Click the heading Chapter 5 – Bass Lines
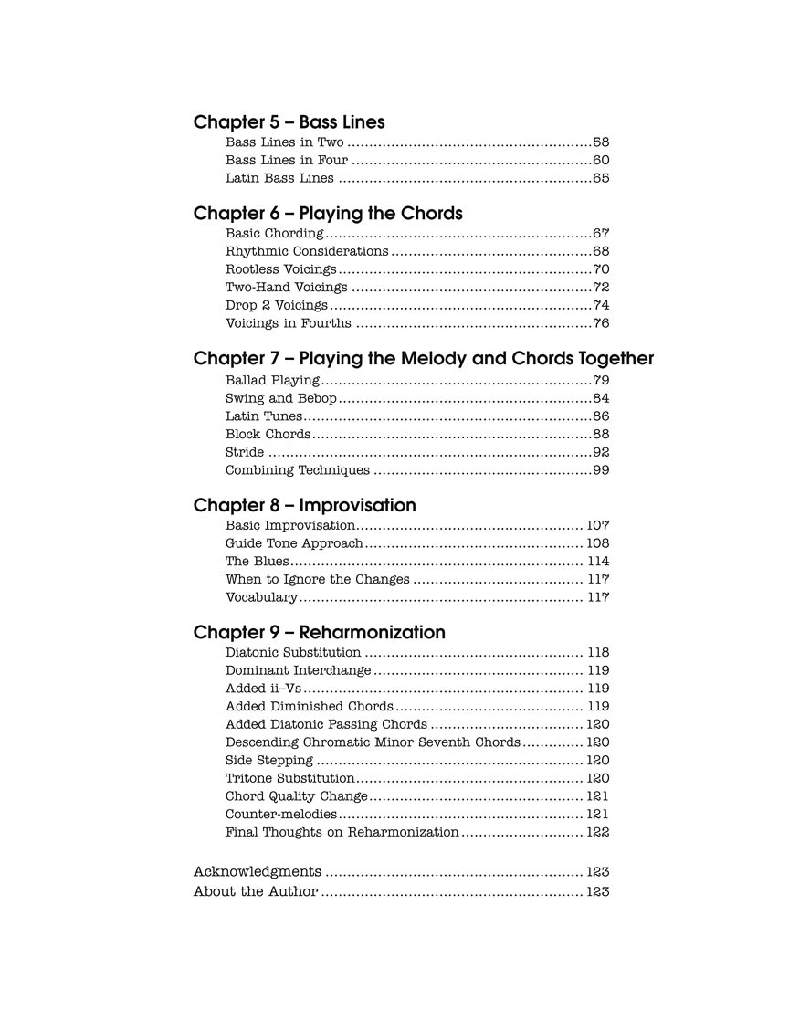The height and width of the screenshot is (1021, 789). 289,122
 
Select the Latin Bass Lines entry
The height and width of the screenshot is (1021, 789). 279,178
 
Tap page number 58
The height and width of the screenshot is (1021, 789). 601,142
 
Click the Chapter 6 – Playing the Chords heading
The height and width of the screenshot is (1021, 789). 328,214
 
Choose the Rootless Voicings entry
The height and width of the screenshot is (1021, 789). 280,269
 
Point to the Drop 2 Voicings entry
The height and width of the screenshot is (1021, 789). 276,305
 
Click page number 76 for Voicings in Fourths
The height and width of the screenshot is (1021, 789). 601,323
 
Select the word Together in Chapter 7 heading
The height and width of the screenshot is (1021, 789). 618,359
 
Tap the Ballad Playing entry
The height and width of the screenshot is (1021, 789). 272,380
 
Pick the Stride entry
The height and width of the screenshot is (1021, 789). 245,452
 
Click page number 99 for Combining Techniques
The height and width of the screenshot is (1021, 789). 601,470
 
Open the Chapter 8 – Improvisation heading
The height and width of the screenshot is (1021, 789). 304,506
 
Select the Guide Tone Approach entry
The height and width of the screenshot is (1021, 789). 294,543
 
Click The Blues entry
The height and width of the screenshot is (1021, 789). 257,562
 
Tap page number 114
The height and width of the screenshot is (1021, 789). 597,562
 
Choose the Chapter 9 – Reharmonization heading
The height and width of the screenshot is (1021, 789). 319,633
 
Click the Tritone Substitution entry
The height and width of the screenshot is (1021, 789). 289,778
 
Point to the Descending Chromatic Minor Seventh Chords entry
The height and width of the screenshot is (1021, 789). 373,742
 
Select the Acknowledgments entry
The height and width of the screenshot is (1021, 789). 257,872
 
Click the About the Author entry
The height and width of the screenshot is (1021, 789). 255,891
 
